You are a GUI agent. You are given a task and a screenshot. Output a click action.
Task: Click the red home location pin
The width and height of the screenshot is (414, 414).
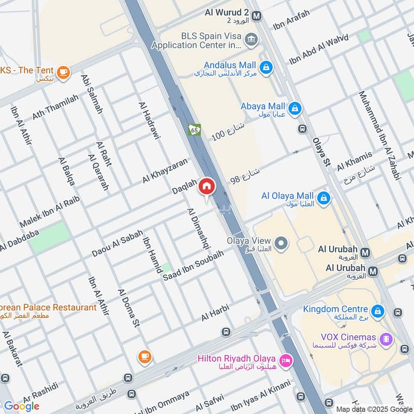click(207, 186)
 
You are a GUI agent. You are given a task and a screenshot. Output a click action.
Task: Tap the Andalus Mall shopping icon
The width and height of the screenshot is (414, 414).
click(265, 68)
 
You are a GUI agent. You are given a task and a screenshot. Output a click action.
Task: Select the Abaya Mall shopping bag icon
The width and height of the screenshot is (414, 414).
click(295, 109)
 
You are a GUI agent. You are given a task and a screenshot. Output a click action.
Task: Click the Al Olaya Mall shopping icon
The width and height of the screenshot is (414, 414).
click(324, 198)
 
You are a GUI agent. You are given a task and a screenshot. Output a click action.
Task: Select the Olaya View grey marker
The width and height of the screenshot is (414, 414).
click(281, 243)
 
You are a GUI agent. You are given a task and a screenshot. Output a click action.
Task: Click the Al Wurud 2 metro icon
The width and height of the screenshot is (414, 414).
click(257, 16)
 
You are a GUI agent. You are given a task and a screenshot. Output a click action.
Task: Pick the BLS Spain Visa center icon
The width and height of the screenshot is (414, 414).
click(251, 40)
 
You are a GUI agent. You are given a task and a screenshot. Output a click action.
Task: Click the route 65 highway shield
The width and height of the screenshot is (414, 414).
click(195, 129)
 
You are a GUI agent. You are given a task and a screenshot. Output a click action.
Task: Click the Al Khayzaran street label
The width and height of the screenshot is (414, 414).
click(165, 170)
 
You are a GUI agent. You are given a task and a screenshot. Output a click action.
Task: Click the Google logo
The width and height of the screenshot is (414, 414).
click(22, 406)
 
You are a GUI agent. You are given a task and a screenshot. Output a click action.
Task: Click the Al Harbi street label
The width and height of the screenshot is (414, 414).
click(215, 313)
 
